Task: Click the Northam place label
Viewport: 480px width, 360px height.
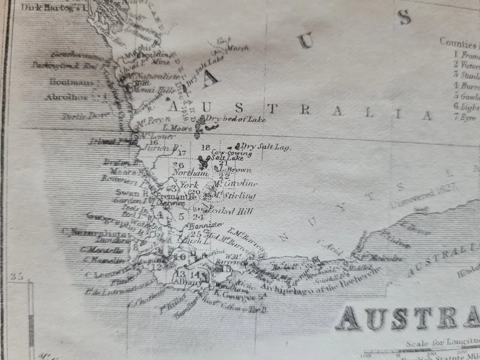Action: [189, 173]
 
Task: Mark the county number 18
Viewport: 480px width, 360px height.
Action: [205, 147]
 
